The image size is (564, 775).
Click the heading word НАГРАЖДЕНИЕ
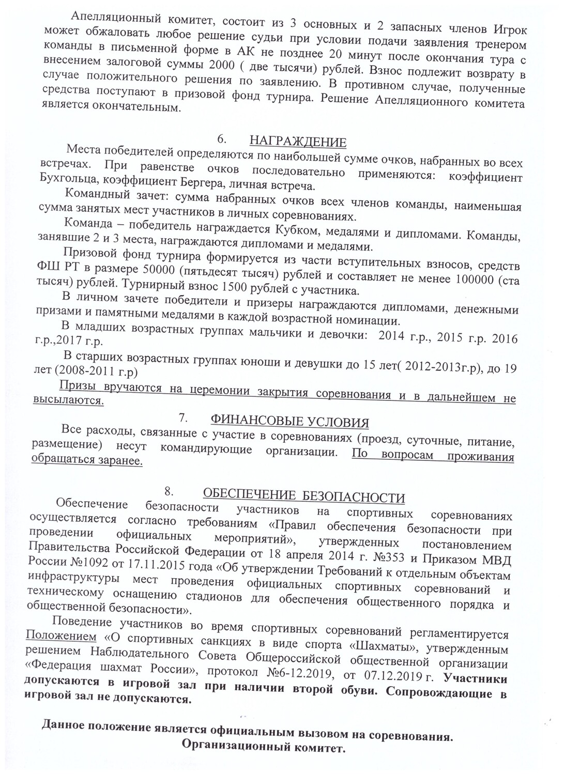pyautogui.click(x=298, y=142)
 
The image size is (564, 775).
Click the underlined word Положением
pyautogui.click(x=61, y=635)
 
